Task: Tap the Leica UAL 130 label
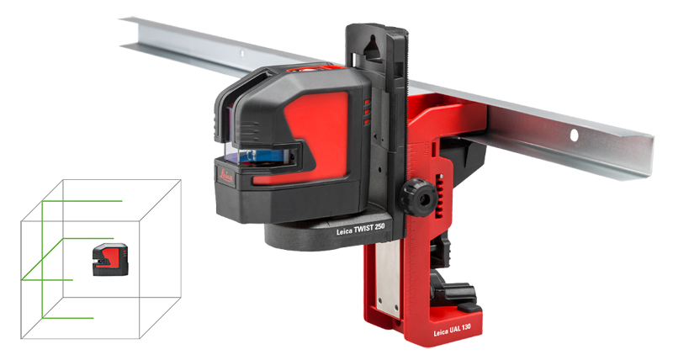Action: point(452,330)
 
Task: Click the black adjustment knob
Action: point(417,198)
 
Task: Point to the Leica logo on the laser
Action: point(226,175)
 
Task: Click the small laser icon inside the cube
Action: point(110,259)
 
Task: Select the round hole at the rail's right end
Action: point(574,135)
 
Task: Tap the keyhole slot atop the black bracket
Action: point(373,47)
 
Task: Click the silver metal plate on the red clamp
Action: point(388,280)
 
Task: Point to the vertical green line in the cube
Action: point(42,260)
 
